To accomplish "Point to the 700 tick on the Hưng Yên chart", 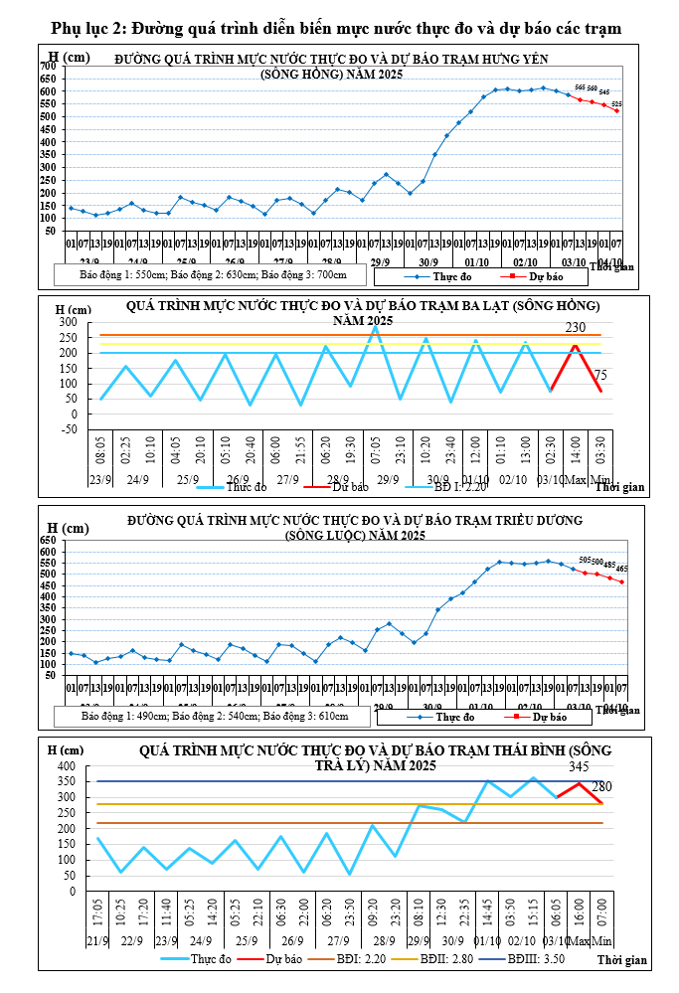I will [47, 66].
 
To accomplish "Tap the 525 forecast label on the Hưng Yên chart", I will [616, 103].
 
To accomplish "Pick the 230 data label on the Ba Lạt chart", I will [576, 328].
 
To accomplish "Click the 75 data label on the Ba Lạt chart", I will [600, 375].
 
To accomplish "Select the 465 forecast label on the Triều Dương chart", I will [622, 569].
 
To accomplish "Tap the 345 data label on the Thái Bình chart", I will [580, 767].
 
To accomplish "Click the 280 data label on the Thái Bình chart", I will [602, 787].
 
